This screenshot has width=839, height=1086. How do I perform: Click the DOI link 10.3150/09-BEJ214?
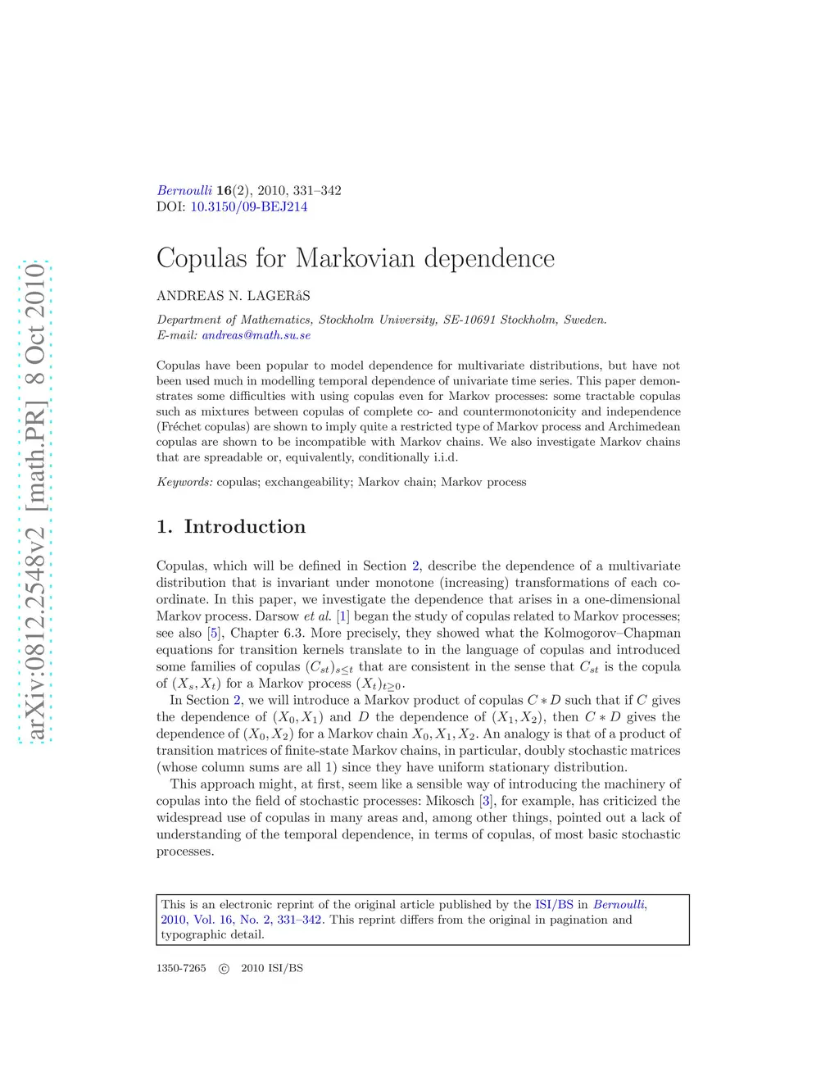(x=249, y=207)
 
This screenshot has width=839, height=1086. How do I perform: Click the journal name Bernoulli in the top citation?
(x=184, y=190)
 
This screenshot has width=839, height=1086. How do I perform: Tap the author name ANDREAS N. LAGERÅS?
(x=234, y=296)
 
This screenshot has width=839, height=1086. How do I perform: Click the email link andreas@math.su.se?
(x=256, y=335)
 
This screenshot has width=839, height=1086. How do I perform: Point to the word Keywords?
(x=184, y=482)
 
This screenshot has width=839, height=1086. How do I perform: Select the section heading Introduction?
(x=244, y=527)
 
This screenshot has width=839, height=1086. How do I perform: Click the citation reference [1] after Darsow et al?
(x=342, y=616)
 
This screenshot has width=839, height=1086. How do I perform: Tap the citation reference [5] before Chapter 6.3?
(x=214, y=633)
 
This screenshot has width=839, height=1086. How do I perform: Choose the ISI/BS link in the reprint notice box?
(x=554, y=905)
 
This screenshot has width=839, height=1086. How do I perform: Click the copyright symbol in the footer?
(x=224, y=968)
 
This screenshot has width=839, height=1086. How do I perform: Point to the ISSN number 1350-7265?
(x=181, y=968)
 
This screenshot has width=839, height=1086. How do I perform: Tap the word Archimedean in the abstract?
(x=644, y=426)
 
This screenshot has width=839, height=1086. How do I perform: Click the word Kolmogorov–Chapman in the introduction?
(x=612, y=633)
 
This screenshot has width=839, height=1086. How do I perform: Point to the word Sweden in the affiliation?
(x=585, y=320)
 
